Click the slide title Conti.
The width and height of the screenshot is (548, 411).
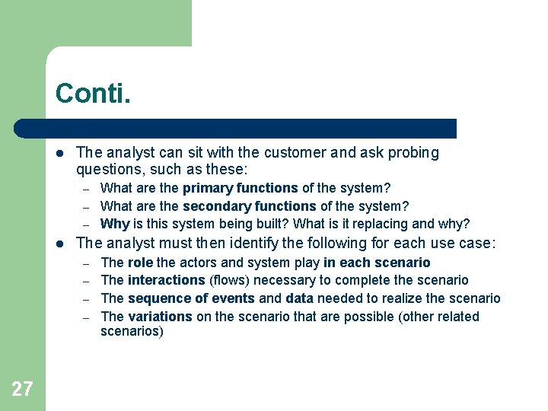[93, 94]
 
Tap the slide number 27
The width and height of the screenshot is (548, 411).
[22, 390]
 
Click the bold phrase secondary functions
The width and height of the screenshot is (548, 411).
[249, 206]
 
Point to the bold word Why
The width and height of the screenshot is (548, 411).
[115, 224]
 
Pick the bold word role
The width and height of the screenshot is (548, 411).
[141, 263]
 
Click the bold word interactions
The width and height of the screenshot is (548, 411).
[166, 280]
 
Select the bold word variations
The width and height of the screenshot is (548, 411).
[161, 317]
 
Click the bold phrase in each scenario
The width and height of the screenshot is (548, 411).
[377, 263]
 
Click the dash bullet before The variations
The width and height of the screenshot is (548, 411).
[88, 317]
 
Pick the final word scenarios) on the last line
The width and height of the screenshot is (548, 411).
[132, 333]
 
